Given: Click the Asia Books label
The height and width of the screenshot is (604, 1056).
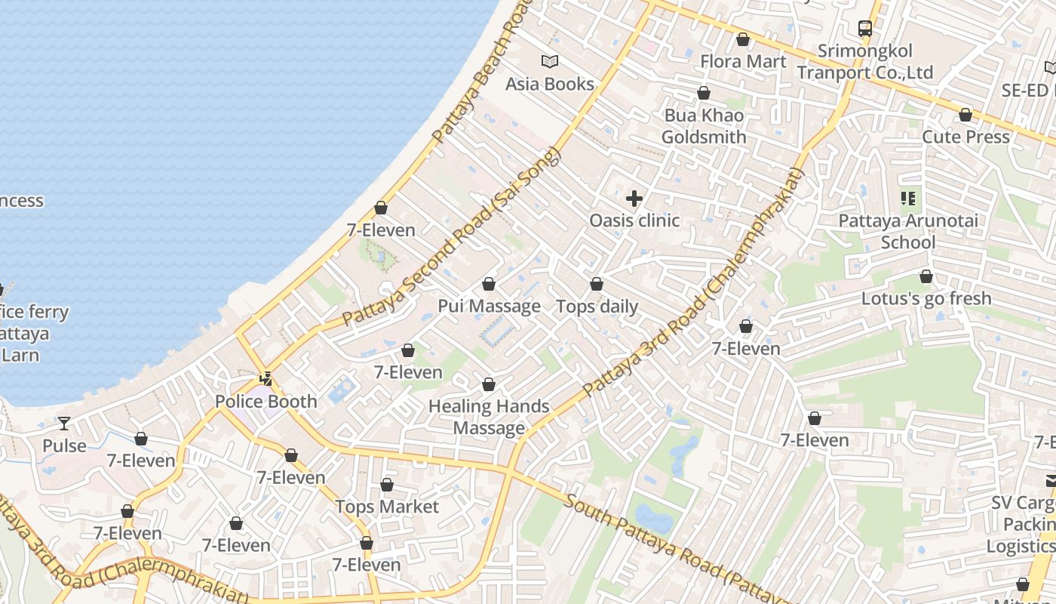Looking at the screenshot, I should pyautogui.click(x=550, y=84).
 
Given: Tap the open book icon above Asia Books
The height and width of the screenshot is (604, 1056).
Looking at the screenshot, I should pyautogui.click(x=550, y=61).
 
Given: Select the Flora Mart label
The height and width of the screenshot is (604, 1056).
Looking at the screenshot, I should pyautogui.click(x=743, y=61).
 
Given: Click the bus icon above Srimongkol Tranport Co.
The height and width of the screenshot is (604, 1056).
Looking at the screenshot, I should pyautogui.click(x=865, y=29).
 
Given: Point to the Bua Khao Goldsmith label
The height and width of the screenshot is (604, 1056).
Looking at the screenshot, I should pyautogui.click(x=704, y=126).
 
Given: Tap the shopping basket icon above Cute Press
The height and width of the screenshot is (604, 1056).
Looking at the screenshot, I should pyautogui.click(x=965, y=115).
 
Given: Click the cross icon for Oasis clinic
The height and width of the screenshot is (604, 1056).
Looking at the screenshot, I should pyautogui.click(x=634, y=199).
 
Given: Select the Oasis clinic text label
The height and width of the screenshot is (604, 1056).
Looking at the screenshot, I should pyautogui.click(x=634, y=220).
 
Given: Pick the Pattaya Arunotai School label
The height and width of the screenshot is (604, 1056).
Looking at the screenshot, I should pyautogui.click(x=908, y=232).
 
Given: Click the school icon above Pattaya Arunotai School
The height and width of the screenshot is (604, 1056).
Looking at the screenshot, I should pyautogui.click(x=908, y=199).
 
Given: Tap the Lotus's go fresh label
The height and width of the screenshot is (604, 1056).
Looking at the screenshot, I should pyautogui.click(x=926, y=298).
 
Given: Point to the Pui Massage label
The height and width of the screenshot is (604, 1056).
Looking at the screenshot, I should pyautogui.click(x=489, y=306).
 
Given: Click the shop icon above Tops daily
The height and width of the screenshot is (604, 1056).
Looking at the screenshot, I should pyautogui.click(x=597, y=284).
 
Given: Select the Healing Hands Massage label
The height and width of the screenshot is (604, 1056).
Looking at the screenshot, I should pyautogui.click(x=489, y=417).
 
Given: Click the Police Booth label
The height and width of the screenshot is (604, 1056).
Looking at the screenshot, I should pyautogui.click(x=266, y=401).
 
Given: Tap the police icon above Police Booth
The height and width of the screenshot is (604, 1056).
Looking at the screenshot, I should pyautogui.click(x=266, y=379).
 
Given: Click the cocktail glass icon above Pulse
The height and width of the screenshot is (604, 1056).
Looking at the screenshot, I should pyautogui.click(x=64, y=424).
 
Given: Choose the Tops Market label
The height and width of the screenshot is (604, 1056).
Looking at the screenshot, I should pyautogui.click(x=387, y=507).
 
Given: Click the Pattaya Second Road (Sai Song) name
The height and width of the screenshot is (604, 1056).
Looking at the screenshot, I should pyautogui.click(x=453, y=238).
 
